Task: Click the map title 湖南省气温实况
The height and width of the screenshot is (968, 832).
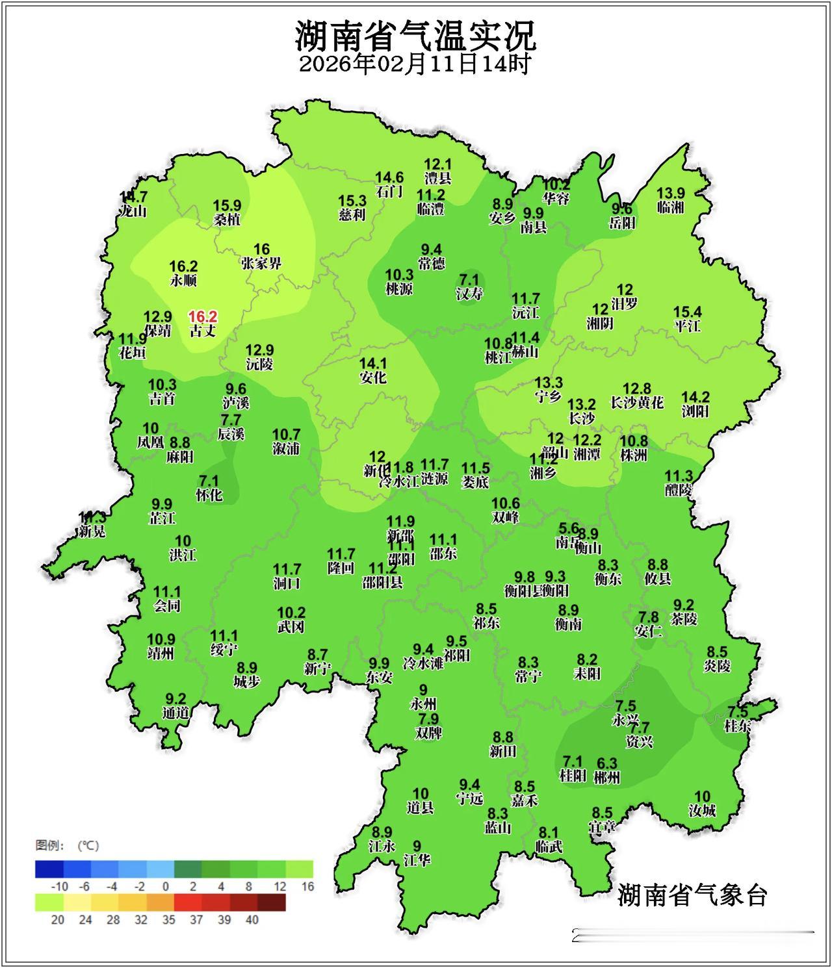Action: (416, 36)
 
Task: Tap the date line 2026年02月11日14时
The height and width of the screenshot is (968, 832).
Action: (416, 64)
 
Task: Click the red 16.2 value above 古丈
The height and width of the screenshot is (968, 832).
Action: (203, 316)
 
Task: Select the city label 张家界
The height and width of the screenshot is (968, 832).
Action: (261, 264)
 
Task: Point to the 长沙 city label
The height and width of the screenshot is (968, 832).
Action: (581, 418)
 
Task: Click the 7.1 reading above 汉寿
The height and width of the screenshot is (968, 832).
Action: (469, 279)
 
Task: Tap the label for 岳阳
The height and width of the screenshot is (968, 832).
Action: (622, 223)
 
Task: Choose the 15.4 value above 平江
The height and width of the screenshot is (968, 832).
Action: (687, 312)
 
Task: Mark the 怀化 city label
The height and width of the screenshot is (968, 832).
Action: (209, 495)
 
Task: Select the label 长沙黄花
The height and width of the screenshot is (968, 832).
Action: (637, 403)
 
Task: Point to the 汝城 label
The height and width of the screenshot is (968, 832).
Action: (702, 810)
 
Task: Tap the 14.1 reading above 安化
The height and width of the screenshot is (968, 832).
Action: (373, 363)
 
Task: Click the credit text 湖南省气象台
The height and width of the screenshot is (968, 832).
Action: (692, 895)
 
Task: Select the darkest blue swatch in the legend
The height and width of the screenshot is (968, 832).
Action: (49, 869)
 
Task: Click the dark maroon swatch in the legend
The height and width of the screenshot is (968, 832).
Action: (271, 902)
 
